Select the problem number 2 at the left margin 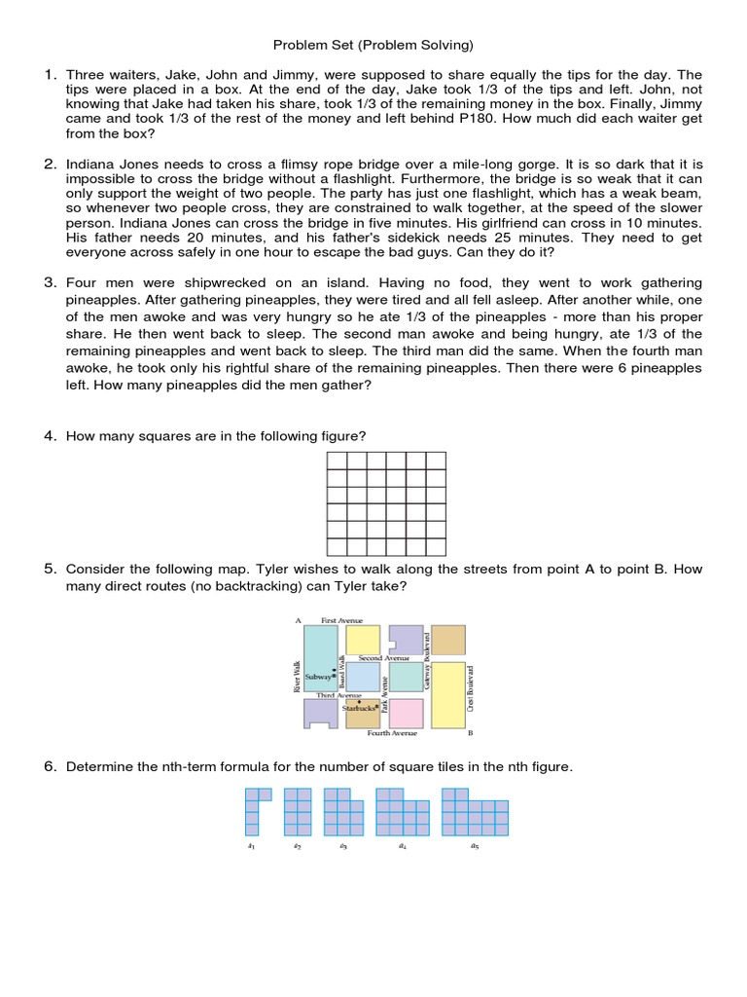coord(49,164)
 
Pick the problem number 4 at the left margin coord(49,435)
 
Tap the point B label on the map coord(470,733)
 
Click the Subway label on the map coord(318,675)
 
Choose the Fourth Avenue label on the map coord(392,733)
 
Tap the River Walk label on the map coord(296,678)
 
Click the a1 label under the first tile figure coord(251,847)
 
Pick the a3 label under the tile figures coord(342,847)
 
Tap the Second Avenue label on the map coord(384,658)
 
